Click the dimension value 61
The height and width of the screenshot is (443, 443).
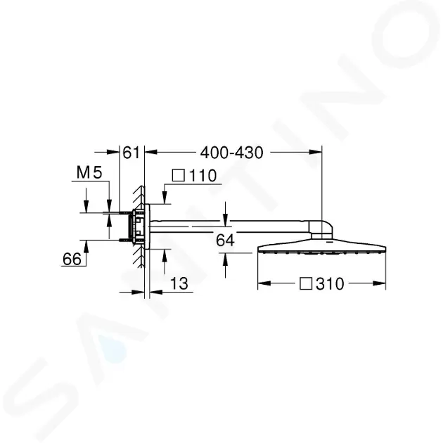point(131,153)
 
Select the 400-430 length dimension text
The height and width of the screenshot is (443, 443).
point(231,153)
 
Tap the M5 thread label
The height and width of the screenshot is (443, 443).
point(89,172)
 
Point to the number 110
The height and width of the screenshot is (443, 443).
point(203,176)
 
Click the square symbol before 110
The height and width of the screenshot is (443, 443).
point(179,176)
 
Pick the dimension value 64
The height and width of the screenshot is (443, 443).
point(225,240)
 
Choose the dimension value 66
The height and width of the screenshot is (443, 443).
point(72,259)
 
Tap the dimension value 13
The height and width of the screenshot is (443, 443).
point(179,283)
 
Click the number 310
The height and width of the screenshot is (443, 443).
point(330,283)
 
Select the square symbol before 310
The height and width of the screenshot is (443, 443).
point(306,283)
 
